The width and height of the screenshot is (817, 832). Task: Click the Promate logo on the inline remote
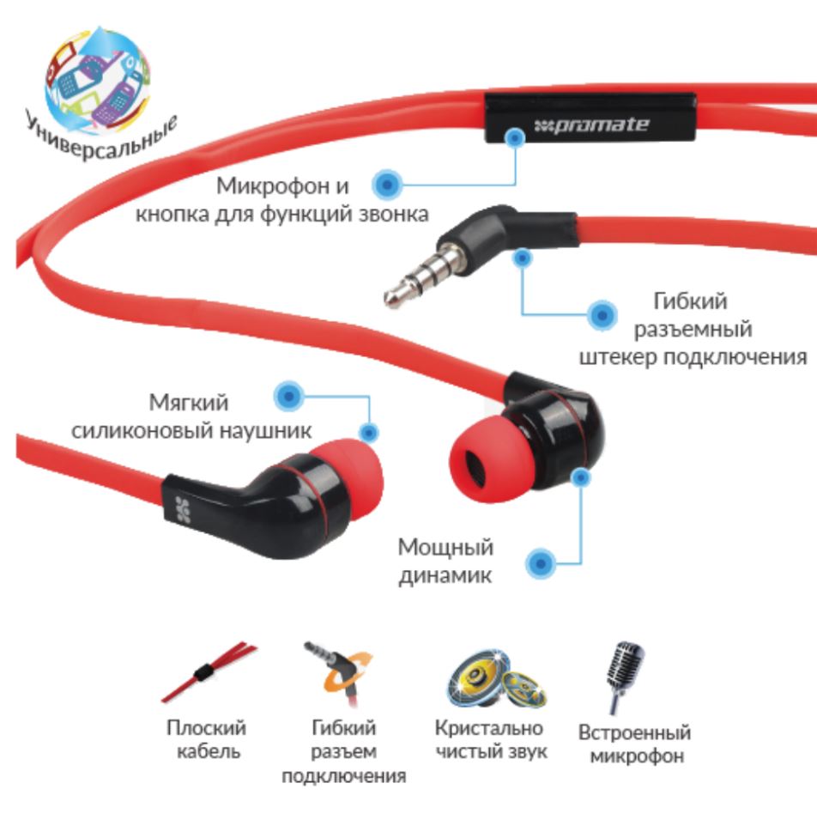591,125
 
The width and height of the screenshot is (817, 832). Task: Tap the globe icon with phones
98,80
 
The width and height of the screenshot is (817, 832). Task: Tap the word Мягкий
189,403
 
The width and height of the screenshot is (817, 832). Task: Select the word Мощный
445,548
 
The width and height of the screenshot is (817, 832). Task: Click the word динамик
445,576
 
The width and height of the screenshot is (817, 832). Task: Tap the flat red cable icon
209,673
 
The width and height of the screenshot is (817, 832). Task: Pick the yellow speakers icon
495,679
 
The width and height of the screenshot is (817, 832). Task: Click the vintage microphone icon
625,677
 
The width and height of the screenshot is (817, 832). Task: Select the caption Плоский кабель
207,739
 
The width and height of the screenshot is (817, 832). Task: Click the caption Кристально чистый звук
490,739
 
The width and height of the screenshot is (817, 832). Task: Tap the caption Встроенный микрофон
635,744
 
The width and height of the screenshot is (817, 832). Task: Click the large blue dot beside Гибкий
602,315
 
